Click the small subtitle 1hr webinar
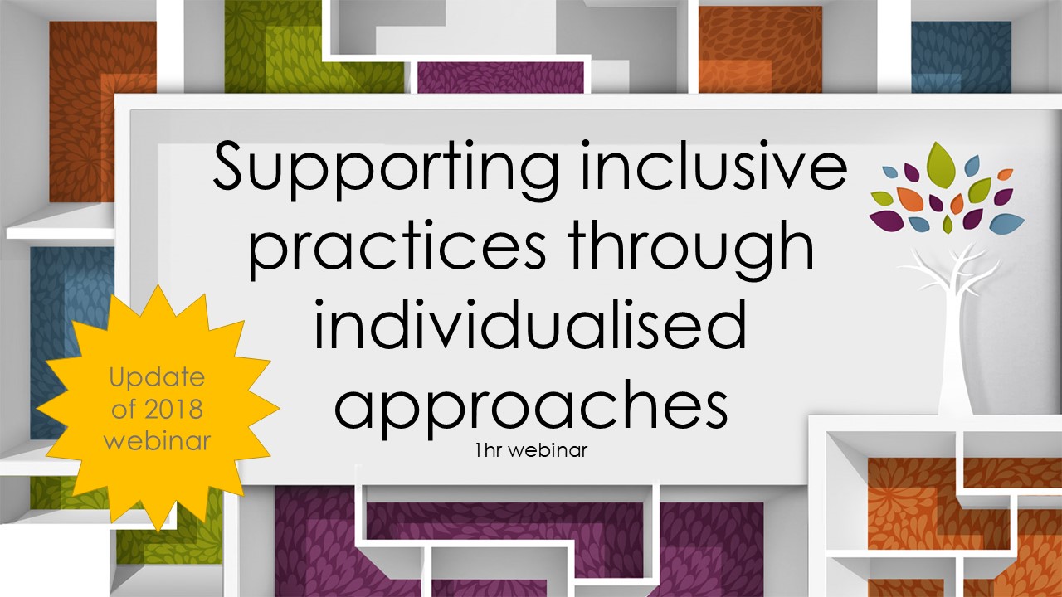531,452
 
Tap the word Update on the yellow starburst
157,378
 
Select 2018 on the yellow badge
180,409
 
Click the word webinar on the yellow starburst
157,439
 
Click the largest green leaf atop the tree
941,162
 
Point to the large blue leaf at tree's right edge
1006,222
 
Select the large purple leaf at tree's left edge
884,220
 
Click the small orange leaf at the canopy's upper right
1005,174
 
